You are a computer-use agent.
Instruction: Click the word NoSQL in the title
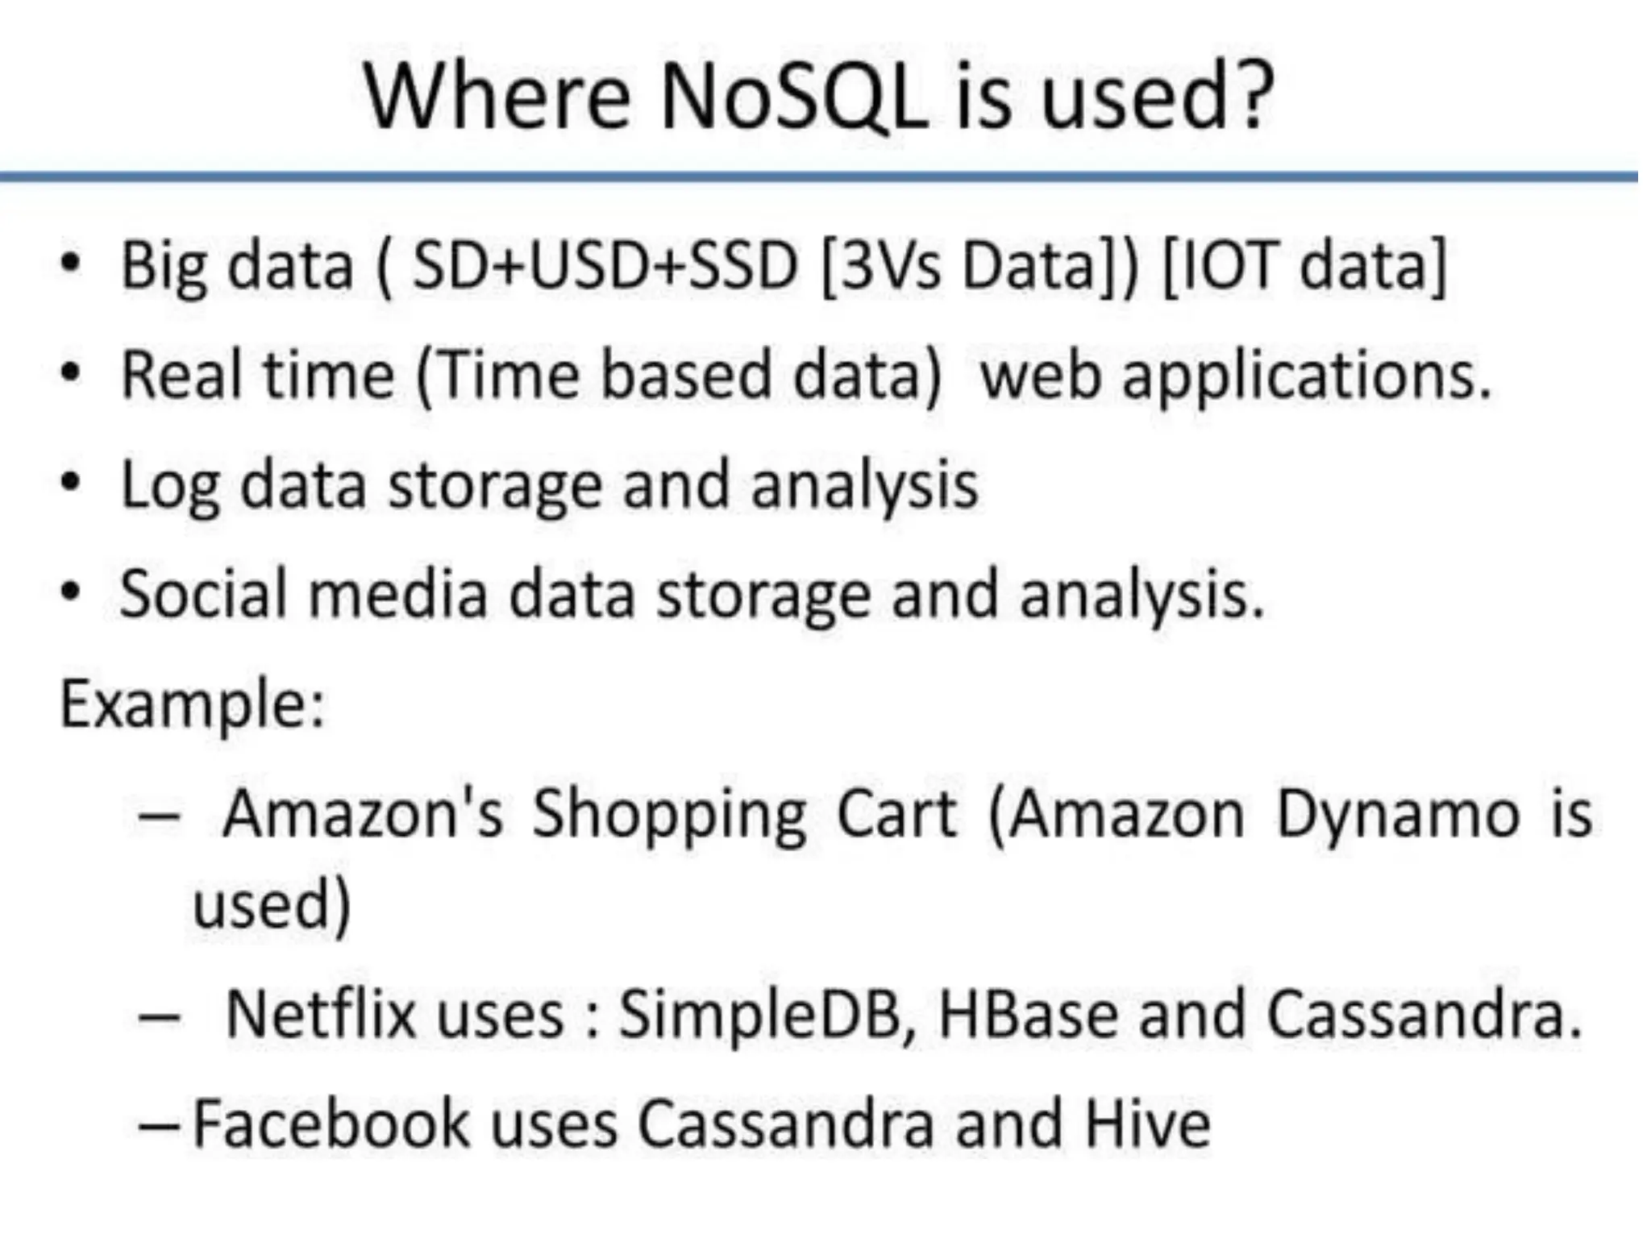tap(793, 98)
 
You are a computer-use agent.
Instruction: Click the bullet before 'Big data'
tap(71, 264)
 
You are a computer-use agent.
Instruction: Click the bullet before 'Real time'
tap(71, 374)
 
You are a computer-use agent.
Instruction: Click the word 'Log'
tap(169, 487)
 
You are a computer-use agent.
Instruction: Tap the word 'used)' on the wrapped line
tap(272, 904)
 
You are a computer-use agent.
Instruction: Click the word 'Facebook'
tap(331, 1124)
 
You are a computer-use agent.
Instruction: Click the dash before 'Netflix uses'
tap(159, 1016)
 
